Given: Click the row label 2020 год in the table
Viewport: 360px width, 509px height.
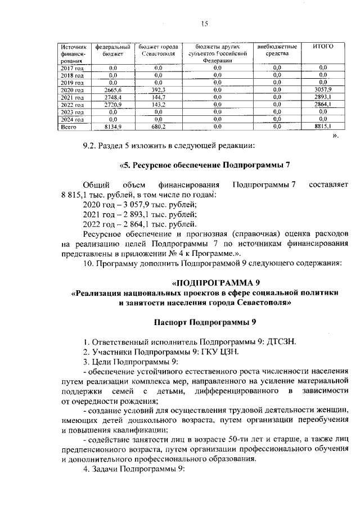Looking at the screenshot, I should click(72, 89).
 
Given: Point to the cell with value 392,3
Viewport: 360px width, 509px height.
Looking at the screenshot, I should click(157, 89).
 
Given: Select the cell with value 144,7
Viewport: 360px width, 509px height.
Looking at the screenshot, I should click(157, 97).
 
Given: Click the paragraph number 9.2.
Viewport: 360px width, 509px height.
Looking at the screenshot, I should click(90, 147).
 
